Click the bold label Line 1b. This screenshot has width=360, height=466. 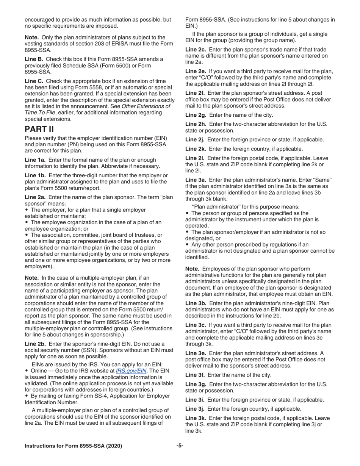[x=34, y=175]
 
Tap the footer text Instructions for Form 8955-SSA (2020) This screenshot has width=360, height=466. [x=73, y=446]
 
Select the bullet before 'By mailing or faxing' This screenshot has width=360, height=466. [x=27, y=396]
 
